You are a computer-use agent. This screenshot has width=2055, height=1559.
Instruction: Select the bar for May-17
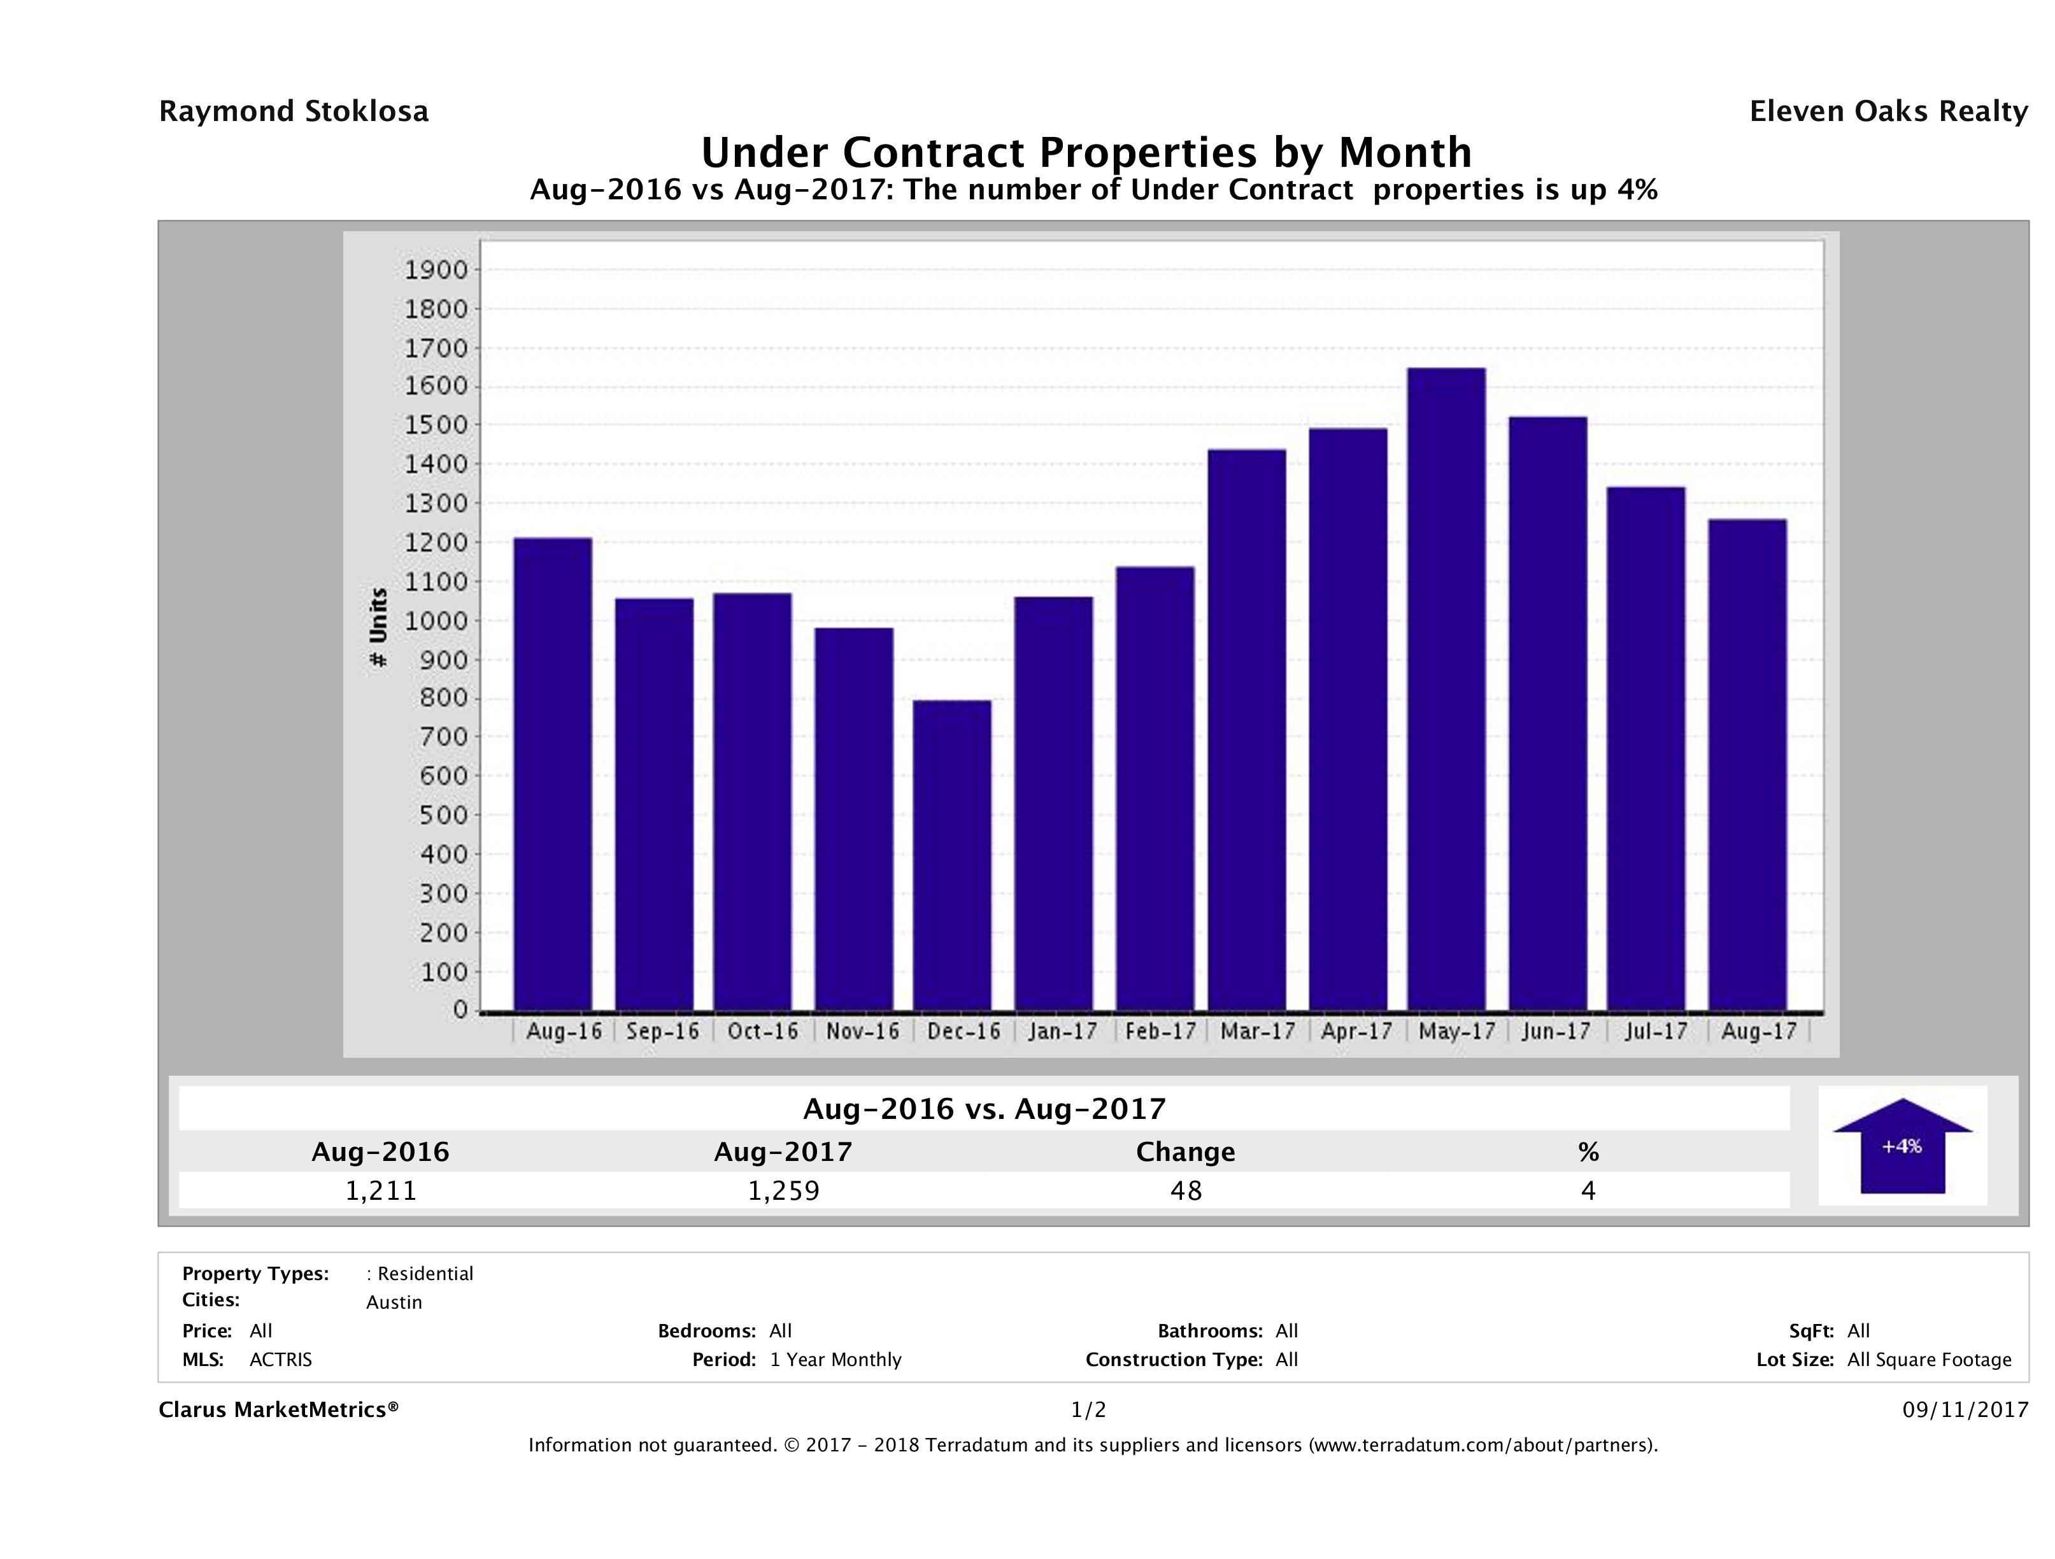[1446, 688]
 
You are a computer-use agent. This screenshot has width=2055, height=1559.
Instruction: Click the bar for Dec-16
[951, 855]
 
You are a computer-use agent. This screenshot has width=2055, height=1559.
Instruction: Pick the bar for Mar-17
[1247, 729]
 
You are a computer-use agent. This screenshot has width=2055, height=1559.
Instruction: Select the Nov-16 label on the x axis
[862, 1031]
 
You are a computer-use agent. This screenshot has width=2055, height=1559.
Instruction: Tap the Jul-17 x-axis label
[1656, 1031]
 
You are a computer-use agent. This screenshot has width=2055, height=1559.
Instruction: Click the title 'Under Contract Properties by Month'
[1085, 152]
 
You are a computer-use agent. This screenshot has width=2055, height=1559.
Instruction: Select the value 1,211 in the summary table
[381, 1190]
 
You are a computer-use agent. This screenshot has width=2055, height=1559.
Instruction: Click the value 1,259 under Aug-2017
[783, 1190]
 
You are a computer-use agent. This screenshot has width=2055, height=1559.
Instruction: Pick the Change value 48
[1186, 1190]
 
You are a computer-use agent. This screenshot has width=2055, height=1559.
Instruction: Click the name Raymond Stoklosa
[294, 111]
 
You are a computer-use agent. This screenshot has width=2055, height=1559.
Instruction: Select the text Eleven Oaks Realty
[1888, 111]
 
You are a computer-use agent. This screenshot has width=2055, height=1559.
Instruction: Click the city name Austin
[394, 1302]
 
